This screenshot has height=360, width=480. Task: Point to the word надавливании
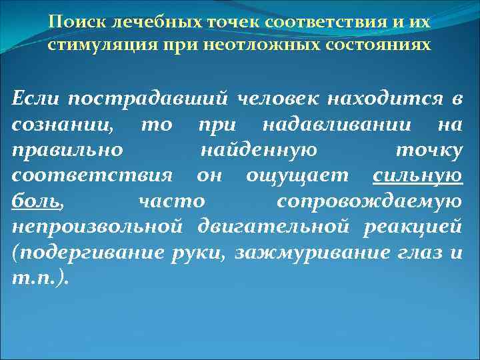[x=331, y=124]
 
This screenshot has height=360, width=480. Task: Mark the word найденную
[x=258, y=149]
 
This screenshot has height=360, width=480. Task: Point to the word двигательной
[x=274, y=225]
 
